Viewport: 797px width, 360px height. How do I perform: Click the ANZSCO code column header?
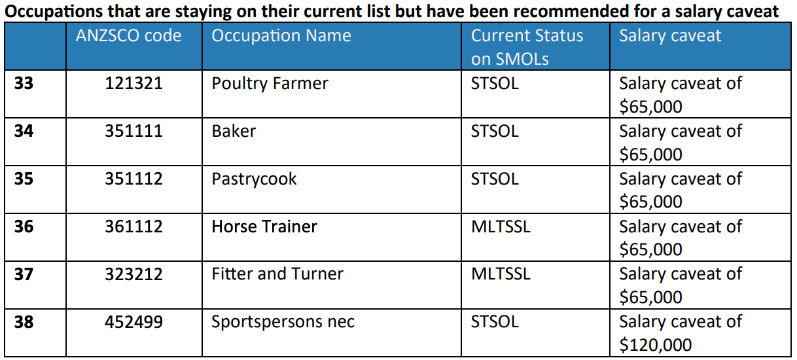tap(128, 35)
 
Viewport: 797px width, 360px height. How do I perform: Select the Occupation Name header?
tap(281, 36)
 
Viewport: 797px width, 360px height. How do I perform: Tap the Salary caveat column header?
tap(670, 35)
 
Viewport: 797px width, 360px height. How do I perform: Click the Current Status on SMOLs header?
tap(527, 47)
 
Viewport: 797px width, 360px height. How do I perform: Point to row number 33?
tap(24, 83)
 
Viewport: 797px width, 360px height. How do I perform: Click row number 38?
tap(24, 322)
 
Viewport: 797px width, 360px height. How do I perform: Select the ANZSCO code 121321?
tap(133, 83)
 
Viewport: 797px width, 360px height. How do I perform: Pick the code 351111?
tap(133, 131)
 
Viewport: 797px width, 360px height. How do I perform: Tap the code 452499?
tap(133, 322)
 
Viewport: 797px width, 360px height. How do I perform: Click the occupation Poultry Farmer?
tap(270, 84)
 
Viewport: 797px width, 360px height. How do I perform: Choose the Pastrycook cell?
tap(254, 179)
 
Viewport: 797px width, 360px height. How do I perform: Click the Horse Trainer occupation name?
tap(264, 226)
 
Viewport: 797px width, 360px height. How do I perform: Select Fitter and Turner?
tap(277, 274)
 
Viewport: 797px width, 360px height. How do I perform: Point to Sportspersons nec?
tap(283, 323)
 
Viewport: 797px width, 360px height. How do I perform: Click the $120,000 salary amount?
tap(656, 345)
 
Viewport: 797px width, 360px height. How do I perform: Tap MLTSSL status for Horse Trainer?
tap(501, 226)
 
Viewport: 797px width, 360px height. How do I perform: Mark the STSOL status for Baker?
tap(495, 131)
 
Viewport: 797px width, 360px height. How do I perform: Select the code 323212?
tap(133, 274)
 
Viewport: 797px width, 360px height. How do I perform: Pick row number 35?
tap(24, 179)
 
